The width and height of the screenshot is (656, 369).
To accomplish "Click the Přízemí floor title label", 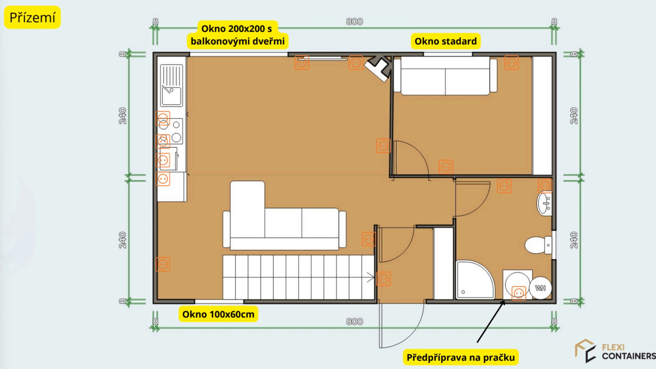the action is [32, 17].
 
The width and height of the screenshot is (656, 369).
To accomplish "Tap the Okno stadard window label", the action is [446, 41].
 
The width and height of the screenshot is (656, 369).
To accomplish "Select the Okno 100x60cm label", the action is [218, 314].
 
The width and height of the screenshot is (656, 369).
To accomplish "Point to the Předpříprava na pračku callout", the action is [461, 357].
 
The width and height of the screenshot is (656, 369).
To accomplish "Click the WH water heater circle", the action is [540, 288].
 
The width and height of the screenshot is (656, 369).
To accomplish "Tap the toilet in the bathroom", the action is [538, 245].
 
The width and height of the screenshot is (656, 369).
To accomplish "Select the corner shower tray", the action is [475, 280].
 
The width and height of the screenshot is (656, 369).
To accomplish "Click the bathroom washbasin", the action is [544, 204].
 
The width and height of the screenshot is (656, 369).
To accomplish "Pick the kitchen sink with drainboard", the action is [172, 86].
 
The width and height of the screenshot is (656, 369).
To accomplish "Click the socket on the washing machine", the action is [519, 293].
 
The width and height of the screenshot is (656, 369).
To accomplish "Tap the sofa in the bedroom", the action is [445, 76].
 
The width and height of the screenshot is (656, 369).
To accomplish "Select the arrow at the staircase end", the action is [370, 277].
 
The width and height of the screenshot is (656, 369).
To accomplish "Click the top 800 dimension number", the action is [354, 22].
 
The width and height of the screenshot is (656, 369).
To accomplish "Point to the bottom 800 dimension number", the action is [354, 322].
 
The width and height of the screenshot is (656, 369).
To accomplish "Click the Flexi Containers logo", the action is [615, 351].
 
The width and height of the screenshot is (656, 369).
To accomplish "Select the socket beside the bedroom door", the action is [383, 146].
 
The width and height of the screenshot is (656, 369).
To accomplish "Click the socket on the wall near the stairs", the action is [383, 279].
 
